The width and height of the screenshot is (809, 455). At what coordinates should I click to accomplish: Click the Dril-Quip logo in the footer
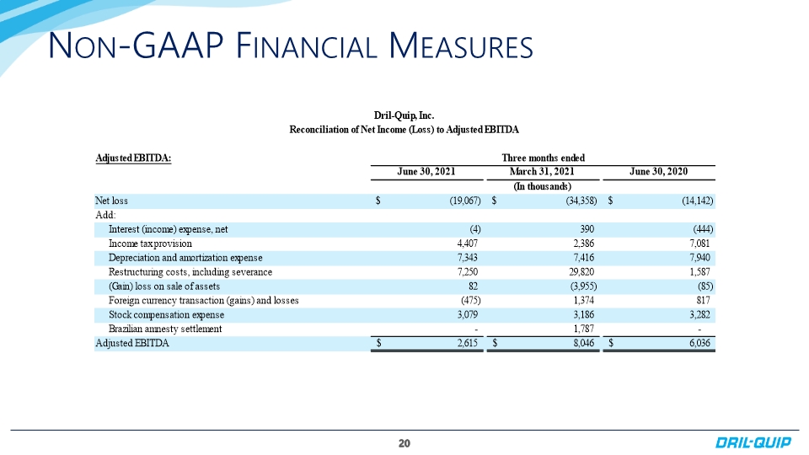click(753, 442)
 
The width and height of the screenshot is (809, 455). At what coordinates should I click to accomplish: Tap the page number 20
click(404, 443)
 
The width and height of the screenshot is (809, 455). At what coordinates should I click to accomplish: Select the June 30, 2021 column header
click(426, 172)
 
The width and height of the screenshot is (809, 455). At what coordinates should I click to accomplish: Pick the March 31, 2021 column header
click(542, 172)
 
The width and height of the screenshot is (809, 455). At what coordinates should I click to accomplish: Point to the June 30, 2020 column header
click(658, 172)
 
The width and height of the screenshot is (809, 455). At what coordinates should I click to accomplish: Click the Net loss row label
click(111, 201)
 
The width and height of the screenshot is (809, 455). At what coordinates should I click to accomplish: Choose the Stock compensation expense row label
click(166, 314)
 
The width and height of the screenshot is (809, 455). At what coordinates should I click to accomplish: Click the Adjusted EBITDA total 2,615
click(468, 343)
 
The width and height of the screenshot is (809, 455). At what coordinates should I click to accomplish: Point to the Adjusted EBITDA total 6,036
click(699, 343)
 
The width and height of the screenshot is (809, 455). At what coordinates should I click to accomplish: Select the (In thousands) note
click(542, 186)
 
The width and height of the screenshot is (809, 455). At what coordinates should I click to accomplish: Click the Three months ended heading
click(544, 158)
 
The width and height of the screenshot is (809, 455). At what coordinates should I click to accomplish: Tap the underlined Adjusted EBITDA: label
click(133, 158)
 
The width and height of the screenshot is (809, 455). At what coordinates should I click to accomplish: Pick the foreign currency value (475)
click(470, 300)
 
